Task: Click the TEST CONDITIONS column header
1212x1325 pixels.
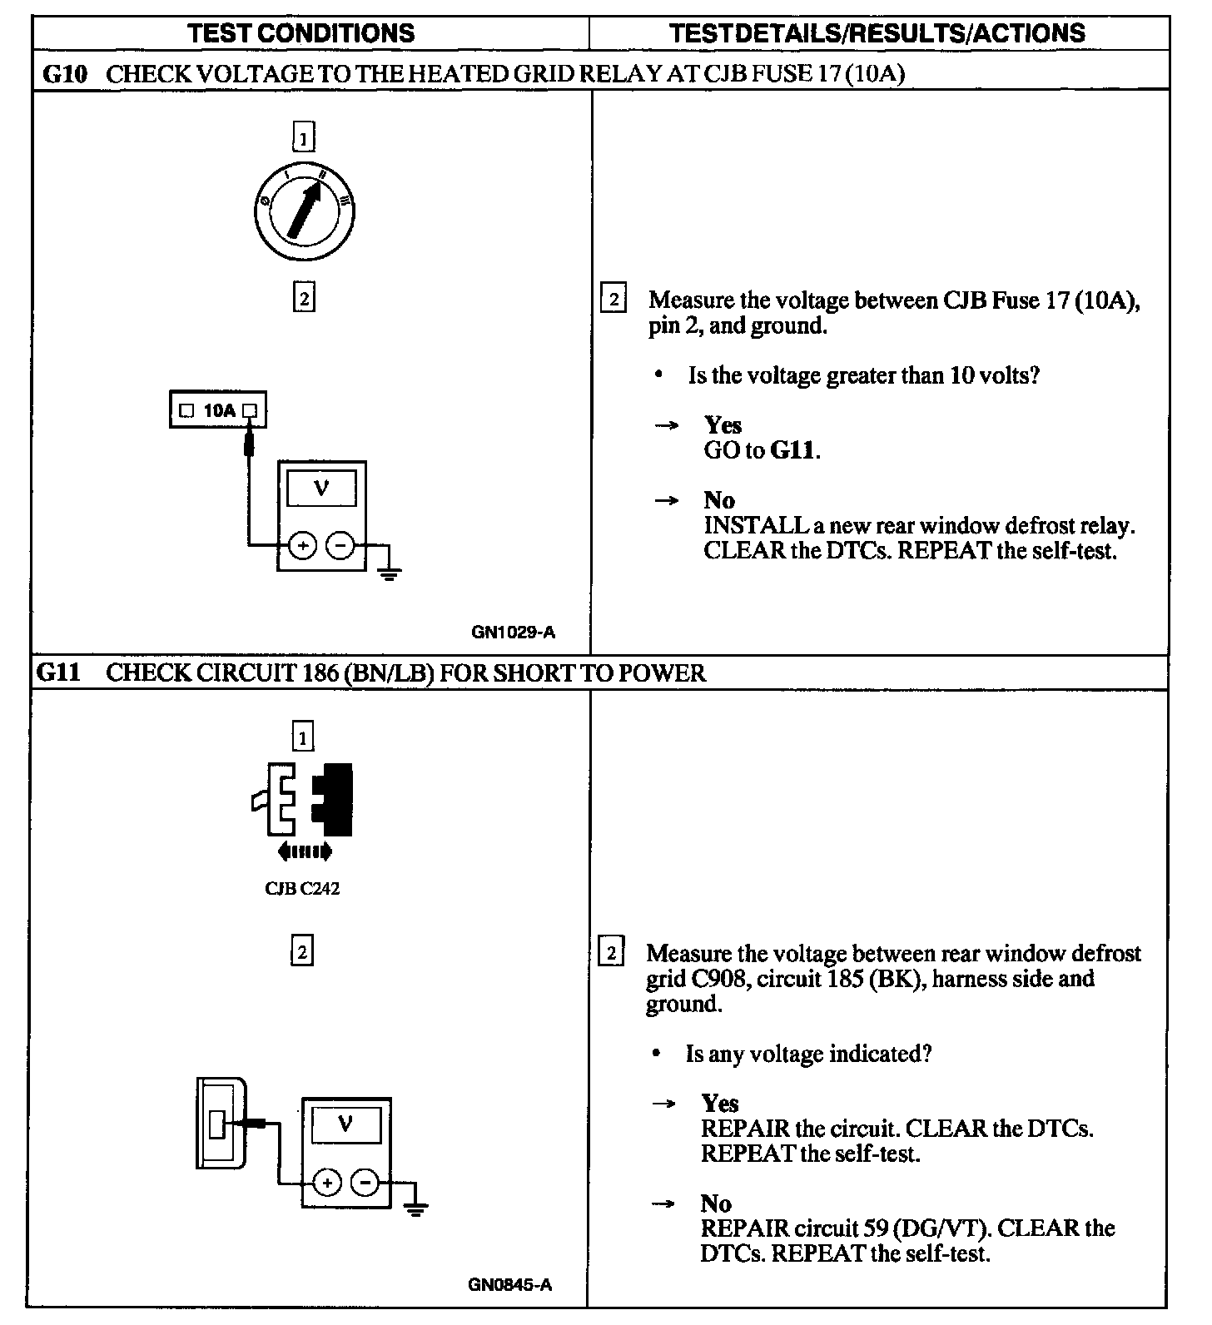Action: (x=301, y=33)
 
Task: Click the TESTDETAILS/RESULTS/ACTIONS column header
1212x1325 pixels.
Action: (x=877, y=33)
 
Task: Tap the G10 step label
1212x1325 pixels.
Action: (x=64, y=74)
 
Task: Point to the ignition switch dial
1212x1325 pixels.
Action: (x=305, y=210)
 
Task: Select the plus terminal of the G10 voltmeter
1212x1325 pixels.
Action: (x=302, y=546)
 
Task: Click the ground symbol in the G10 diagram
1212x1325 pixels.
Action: (x=389, y=573)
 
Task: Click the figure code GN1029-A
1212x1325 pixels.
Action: (x=513, y=632)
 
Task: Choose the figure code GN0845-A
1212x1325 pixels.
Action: (x=509, y=1284)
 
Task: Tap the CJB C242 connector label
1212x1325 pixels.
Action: (x=302, y=888)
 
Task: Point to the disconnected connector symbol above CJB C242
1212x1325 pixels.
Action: (x=303, y=801)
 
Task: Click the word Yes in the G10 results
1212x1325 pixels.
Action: (x=723, y=425)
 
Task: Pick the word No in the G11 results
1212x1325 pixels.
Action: (x=716, y=1203)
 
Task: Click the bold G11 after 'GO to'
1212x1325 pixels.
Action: (x=793, y=451)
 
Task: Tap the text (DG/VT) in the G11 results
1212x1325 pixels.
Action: (x=948, y=1228)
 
